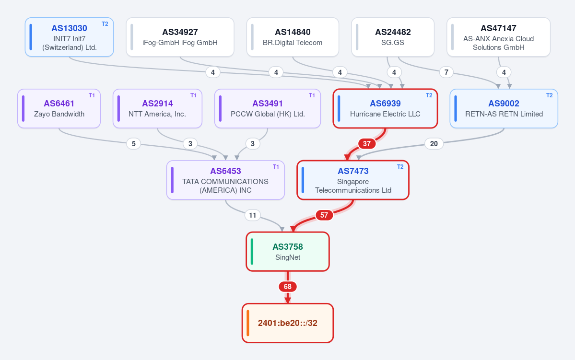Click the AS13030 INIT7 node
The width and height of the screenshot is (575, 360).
coord(70,37)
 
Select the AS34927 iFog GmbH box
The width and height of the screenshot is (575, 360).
coord(180,37)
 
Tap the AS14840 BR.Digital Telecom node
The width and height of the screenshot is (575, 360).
coord(293,37)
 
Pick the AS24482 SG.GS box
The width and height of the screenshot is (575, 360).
coord(393,37)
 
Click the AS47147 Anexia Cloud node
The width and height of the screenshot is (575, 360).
coord(498,37)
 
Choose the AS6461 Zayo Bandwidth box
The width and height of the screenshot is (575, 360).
coord(59,108)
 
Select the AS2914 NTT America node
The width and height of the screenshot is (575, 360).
coord(157,108)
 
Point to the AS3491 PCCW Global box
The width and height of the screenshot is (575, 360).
coord(268,108)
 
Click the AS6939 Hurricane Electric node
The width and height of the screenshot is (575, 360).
coord(386,108)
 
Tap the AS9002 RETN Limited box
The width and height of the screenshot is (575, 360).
coord(504,108)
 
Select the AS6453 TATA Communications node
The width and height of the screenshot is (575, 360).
coord(225,180)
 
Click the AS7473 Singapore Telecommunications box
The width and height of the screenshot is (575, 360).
coord(353,180)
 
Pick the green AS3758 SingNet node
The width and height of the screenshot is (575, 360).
coord(288,252)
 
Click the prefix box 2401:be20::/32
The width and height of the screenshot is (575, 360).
coord(288,323)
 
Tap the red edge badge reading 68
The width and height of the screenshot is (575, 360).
coord(288,287)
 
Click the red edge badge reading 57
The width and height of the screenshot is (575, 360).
coord(324,215)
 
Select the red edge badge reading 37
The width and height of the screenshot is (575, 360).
coord(367,144)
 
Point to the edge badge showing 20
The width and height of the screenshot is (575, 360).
coord(434,144)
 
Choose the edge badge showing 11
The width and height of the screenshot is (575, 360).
coord(253,215)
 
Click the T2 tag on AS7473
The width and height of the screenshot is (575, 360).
coord(400,167)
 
